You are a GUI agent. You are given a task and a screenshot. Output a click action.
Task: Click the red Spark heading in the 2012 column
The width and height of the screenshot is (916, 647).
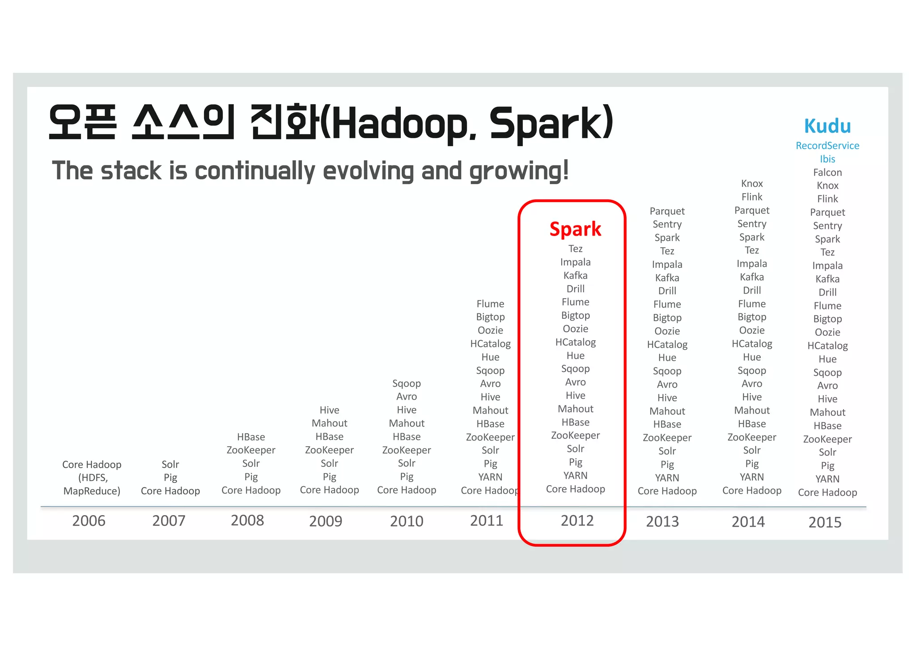click(x=575, y=229)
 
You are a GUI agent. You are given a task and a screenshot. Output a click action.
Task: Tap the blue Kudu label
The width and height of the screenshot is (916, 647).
click(x=827, y=126)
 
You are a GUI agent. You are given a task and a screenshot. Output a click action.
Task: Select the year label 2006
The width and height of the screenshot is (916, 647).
click(x=89, y=521)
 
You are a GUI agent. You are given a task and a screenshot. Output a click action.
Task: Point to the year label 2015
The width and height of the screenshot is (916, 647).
click(x=825, y=522)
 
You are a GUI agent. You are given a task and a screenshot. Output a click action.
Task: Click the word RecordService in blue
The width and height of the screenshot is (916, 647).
click(x=827, y=146)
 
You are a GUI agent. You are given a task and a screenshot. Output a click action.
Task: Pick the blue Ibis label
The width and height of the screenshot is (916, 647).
click(x=827, y=159)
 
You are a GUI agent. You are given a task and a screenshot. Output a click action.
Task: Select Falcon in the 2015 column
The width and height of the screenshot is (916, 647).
click(x=827, y=173)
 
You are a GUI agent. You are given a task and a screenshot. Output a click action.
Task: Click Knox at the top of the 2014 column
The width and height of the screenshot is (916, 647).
click(x=751, y=184)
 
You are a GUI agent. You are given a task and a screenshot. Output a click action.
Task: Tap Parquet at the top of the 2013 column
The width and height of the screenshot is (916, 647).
click(x=667, y=211)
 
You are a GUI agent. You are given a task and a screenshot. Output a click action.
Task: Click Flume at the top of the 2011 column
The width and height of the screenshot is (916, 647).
click(x=490, y=304)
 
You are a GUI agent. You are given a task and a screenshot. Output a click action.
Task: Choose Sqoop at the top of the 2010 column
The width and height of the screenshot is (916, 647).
click(x=406, y=384)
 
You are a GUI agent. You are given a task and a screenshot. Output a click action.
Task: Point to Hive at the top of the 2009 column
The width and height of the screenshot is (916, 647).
click(x=329, y=410)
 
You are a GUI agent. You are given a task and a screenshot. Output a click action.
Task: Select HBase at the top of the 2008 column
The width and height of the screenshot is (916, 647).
click(x=250, y=437)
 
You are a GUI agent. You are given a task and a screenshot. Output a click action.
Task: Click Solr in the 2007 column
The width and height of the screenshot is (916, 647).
click(x=170, y=465)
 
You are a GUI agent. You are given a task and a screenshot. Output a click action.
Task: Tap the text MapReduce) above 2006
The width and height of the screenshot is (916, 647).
click(x=92, y=491)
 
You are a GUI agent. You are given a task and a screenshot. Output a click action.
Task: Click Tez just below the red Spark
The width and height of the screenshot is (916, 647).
click(x=575, y=249)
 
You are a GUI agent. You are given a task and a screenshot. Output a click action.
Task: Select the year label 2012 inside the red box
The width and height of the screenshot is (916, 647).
click(x=577, y=521)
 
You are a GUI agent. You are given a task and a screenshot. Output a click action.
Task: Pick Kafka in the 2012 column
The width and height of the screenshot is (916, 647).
click(x=575, y=275)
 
